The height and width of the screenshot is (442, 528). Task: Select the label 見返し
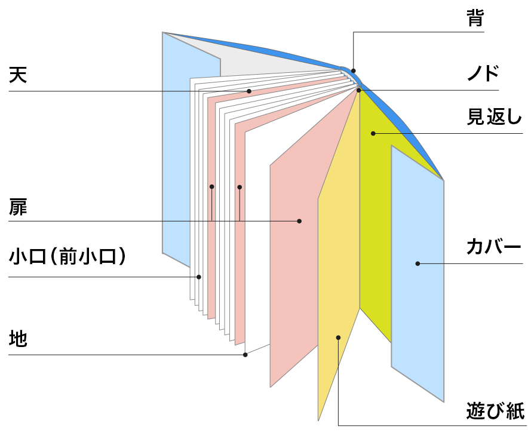[493, 117]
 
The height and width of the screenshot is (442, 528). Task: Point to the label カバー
[493, 247]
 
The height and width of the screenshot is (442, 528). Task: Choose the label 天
[18, 75]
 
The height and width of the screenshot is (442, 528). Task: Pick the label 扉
[18, 207]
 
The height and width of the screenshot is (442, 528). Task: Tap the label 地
[18, 339]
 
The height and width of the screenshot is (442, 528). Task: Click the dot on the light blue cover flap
[418, 263]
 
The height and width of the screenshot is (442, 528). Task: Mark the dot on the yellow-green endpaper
[372, 133]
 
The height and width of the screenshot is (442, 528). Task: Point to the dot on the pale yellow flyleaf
[338, 337]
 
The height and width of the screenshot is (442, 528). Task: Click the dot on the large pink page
[299, 221]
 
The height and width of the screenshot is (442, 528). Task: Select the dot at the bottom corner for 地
[245, 355]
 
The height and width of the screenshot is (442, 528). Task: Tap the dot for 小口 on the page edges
[199, 277]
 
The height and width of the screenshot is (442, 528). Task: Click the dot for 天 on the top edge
[249, 91]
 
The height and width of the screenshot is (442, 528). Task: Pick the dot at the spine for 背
[353, 70]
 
